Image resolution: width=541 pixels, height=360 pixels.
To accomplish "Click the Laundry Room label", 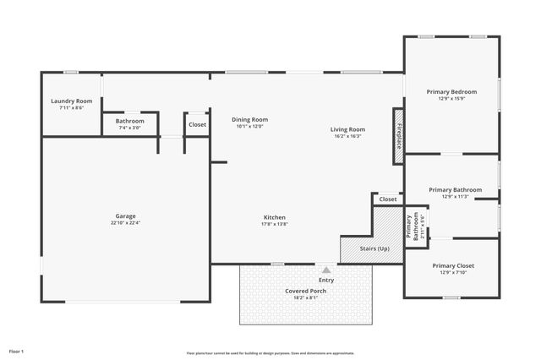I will click(x=71, y=101).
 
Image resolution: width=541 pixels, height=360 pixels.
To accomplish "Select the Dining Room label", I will click(x=249, y=119).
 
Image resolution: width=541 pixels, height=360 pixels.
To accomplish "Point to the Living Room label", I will click(x=347, y=129).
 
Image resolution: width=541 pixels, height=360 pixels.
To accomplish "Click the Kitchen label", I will click(x=274, y=217).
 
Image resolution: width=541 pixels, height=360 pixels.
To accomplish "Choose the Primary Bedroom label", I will click(x=451, y=91).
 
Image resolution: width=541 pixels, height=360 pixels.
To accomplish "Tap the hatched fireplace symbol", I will click(x=396, y=135).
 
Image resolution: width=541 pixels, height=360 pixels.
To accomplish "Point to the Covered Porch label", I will click(x=305, y=291).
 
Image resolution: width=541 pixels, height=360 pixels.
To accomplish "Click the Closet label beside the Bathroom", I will click(x=197, y=124).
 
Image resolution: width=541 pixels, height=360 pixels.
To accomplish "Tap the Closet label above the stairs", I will click(x=388, y=199).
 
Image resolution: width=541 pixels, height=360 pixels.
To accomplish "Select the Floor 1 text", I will click(x=16, y=350).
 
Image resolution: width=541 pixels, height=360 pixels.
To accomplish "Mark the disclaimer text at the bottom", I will click(x=270, y=353).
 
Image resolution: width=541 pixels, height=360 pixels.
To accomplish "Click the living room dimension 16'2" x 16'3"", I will click(x=347, y=136).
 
